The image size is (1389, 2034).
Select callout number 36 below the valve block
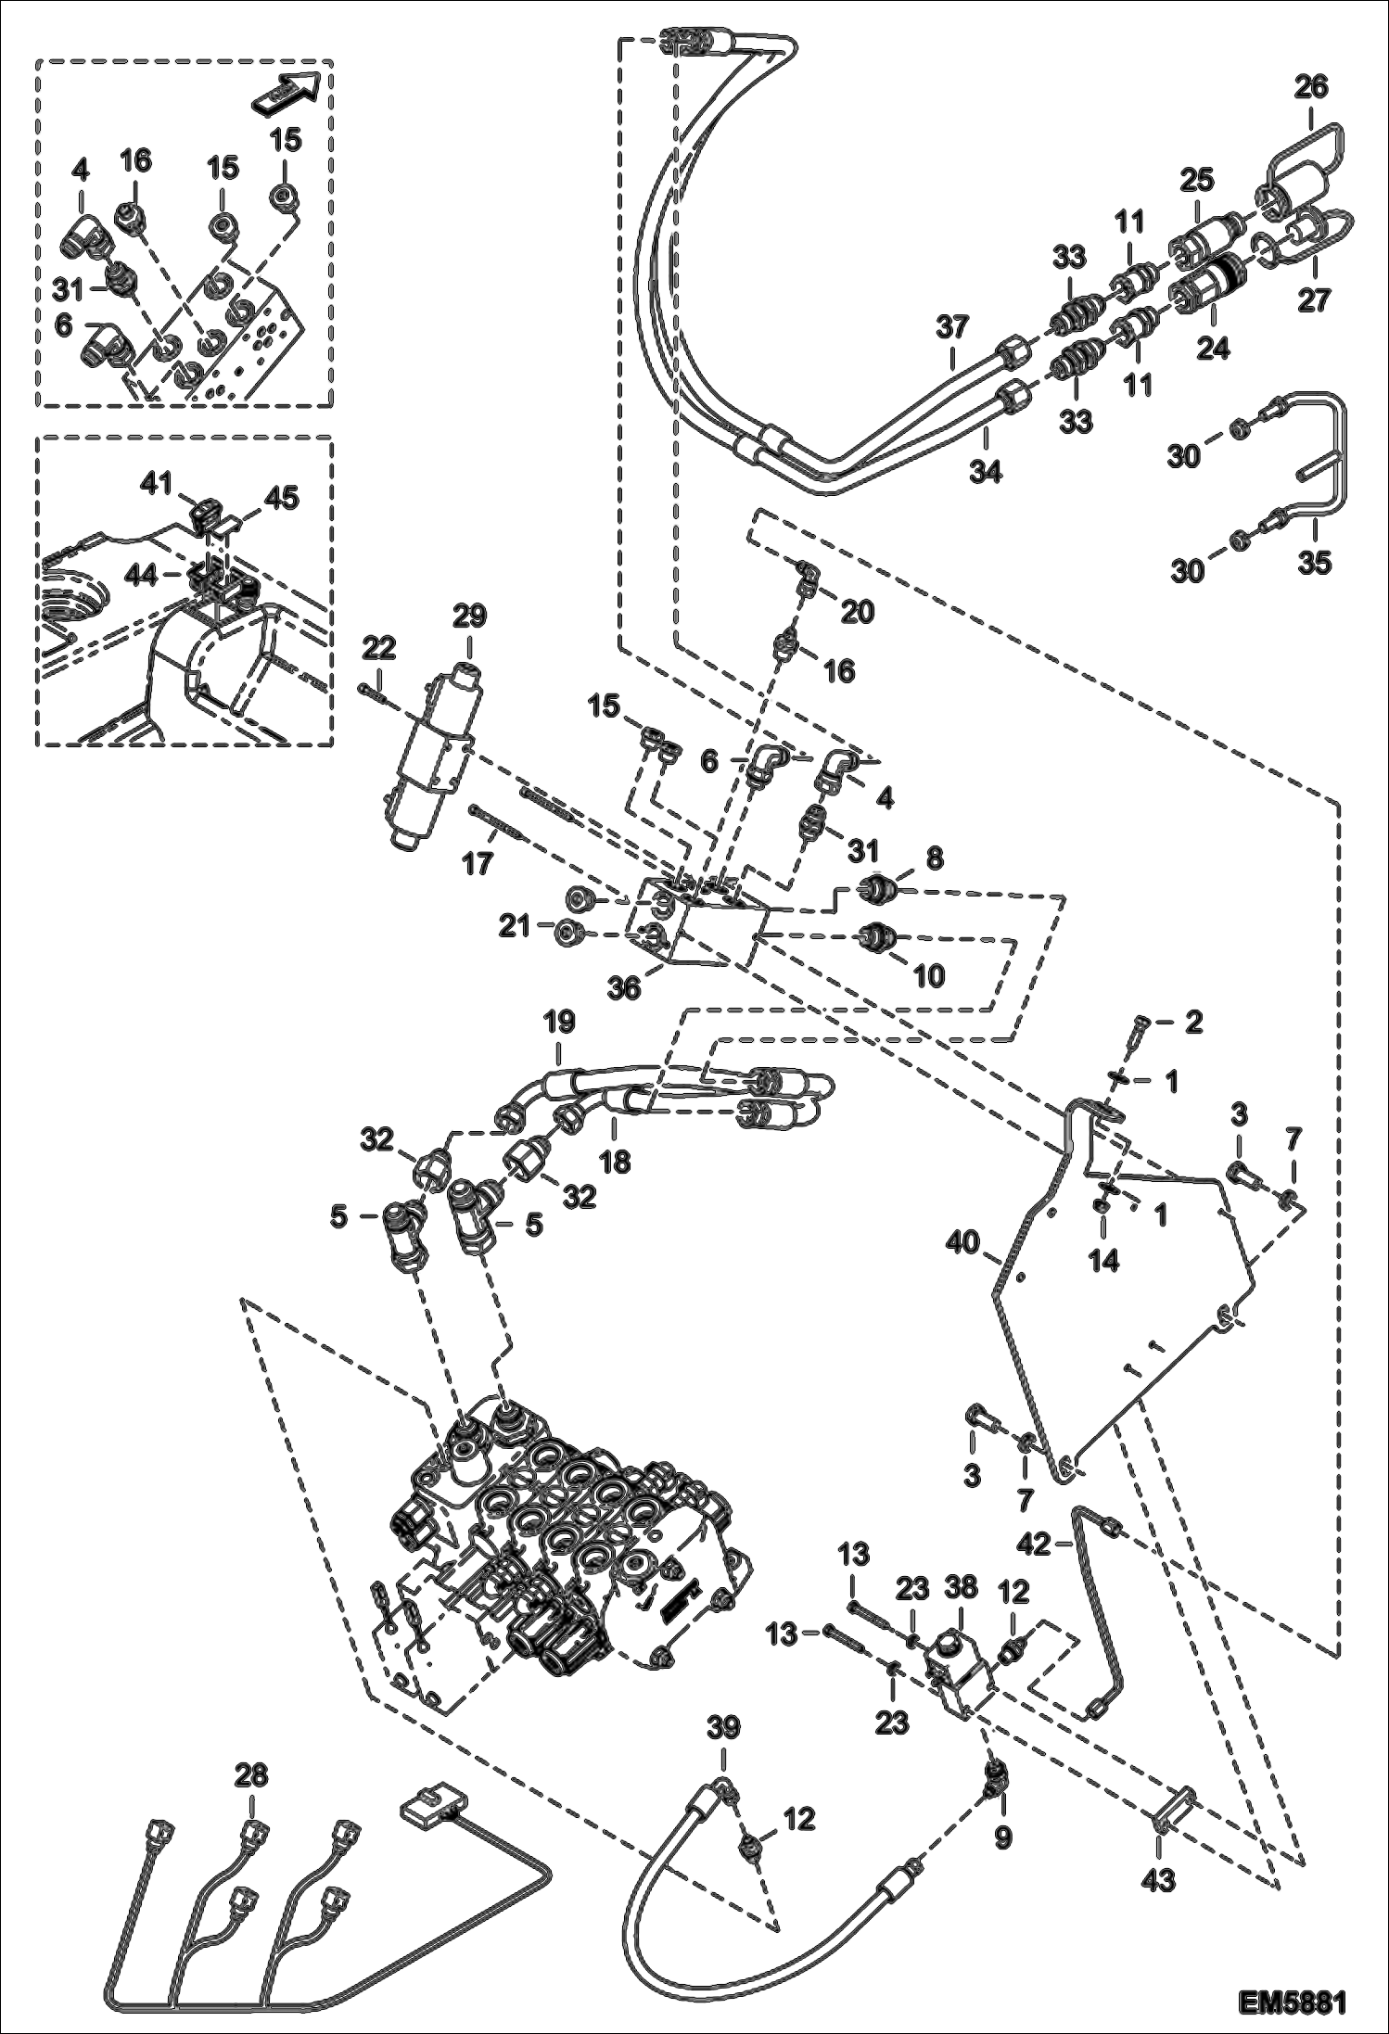click(624, 988)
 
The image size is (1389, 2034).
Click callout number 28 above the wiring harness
click(250, 1774)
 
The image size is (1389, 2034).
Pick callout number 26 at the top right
click(1312, 88)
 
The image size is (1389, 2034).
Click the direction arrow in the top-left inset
click(288, 91)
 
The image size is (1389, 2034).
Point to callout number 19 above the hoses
click(559, 1023)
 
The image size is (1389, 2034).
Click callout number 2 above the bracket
click(1193, 1023)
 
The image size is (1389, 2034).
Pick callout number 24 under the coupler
click(1213, 350)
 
